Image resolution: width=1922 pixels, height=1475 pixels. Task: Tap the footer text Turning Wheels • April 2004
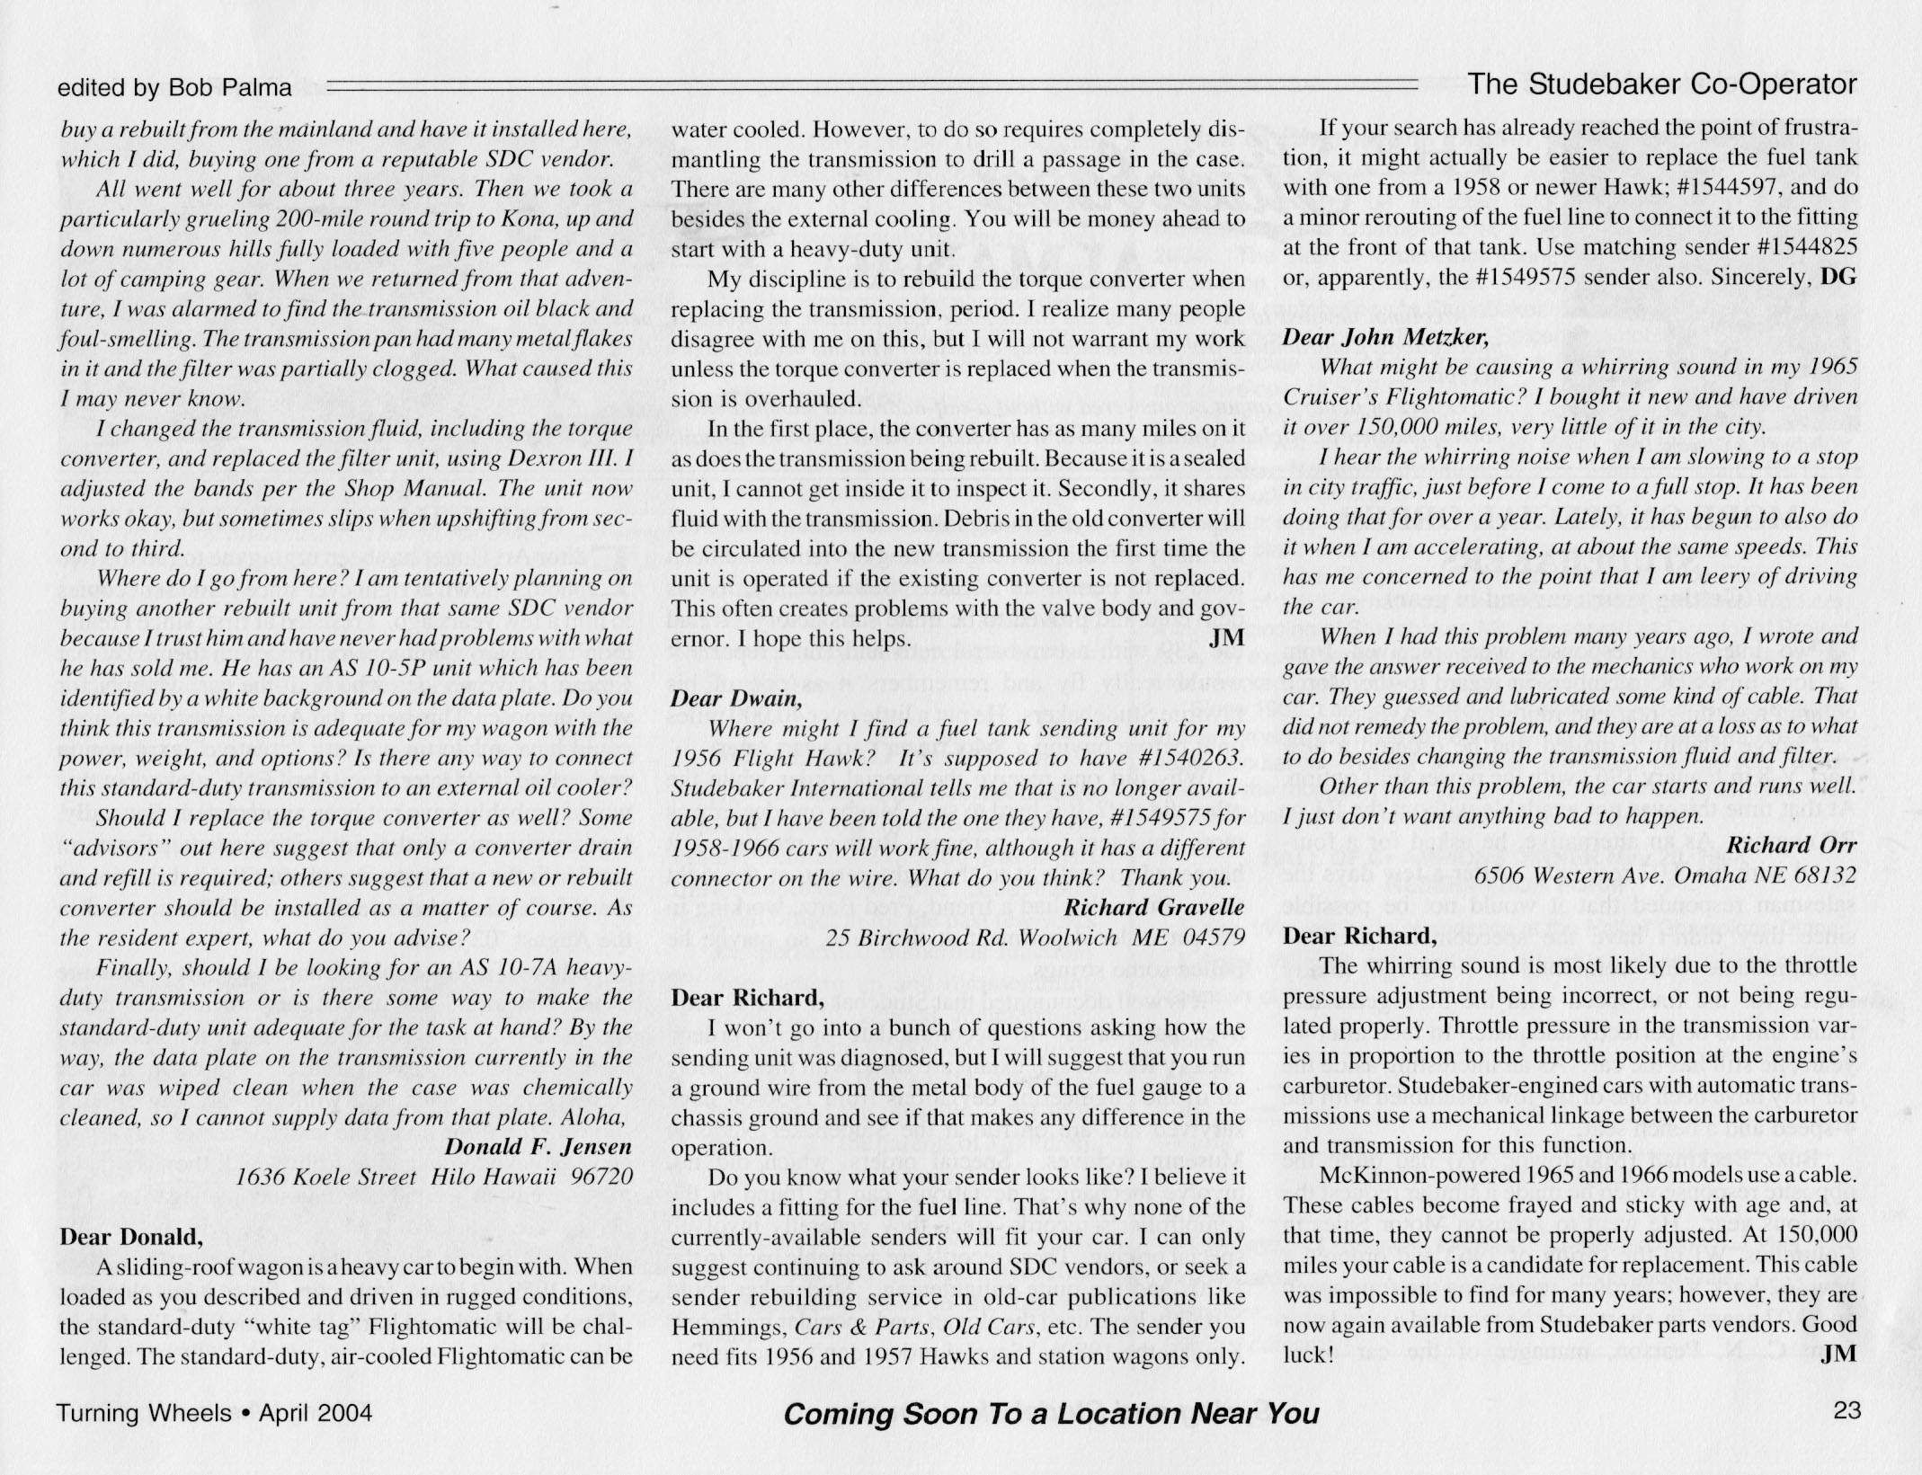(214, 1413)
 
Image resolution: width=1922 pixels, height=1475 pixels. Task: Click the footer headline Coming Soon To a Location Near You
(1051, 1414)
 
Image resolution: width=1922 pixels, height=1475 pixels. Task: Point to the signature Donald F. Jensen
(538, 1147)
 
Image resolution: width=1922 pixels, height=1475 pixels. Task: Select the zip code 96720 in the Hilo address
(601, 1177)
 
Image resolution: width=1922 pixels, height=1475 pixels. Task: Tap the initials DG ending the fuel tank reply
(1837, 278)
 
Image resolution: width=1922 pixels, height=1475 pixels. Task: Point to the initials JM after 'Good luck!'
(1837, 1355)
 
